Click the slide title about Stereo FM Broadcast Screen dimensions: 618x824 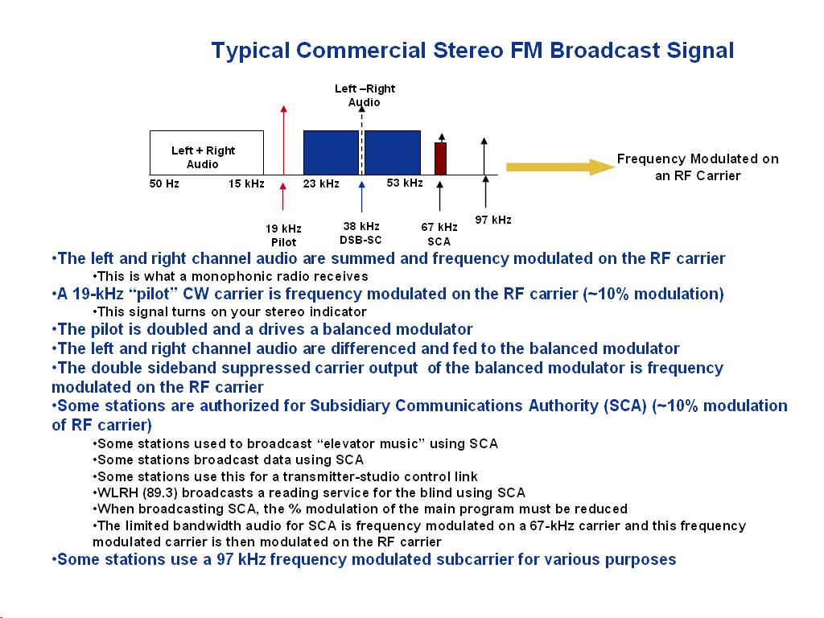pos(472,51)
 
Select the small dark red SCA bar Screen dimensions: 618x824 pos(440,158)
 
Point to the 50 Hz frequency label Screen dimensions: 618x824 pos(164,184)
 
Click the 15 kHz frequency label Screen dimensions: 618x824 pos(246,184)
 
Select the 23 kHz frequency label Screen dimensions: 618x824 pos(321,184)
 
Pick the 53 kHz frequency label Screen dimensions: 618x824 pos(405,183)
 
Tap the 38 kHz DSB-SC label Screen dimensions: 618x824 pos(360,233)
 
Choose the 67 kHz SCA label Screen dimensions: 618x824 pos(439,234)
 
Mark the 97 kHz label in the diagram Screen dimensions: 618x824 pos(493,220)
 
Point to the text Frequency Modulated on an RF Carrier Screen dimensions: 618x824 pos(698,167)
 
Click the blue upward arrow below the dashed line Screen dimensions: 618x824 pos(362,197)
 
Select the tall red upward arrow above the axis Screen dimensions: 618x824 pos(283,137)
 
